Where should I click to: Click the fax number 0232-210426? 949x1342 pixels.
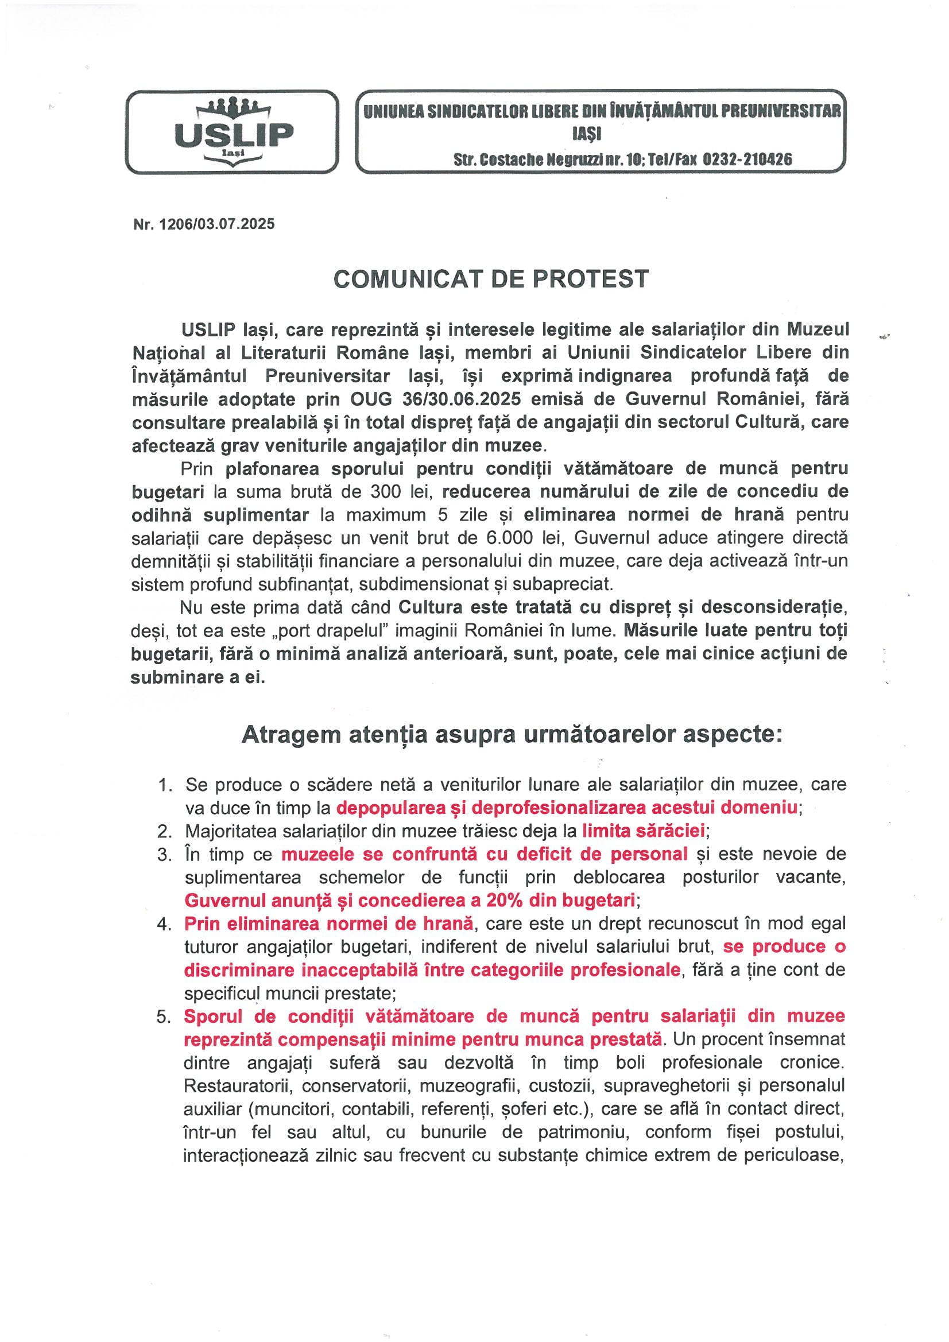pyautogui.click(x=747, y=159)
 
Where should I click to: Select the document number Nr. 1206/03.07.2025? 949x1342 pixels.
pyautogui.click(x=204, y=224)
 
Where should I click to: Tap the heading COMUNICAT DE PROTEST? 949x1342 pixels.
pyautogui.click(x=491, y=279)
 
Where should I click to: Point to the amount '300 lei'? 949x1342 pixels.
pyautogui.click(x=399, y=491)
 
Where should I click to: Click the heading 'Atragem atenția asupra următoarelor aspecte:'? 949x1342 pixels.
pyautogui.click(x=512, y=735)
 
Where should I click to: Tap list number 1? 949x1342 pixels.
pyautogui.click(x=164, y=785)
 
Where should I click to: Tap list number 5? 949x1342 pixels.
pyautogui.click(x=163, y=1017)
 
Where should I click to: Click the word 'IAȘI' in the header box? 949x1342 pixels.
pyautogui.click(x=587, y=135)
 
